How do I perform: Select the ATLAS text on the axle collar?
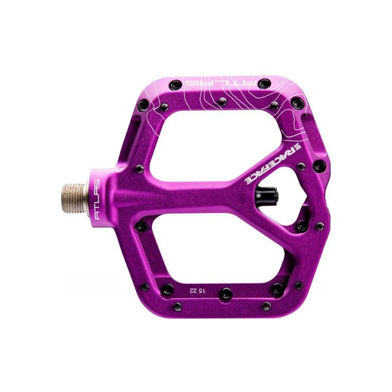tap(97, 199)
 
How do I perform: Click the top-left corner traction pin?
tap(175, 85)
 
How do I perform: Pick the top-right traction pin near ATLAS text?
tap(265, 83)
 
